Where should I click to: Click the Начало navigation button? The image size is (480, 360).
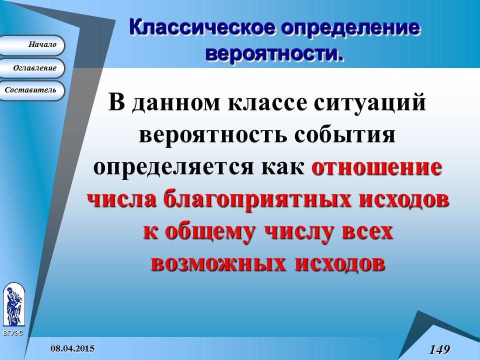pos(32,45)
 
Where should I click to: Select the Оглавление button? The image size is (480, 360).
pos(32,68)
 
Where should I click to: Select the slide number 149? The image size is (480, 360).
pos(439,348)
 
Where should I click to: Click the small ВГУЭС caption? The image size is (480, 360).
pos(12,332)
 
